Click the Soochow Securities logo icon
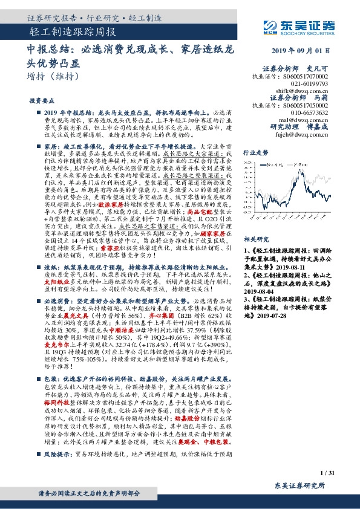[270, 27]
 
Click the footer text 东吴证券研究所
[299, 485]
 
